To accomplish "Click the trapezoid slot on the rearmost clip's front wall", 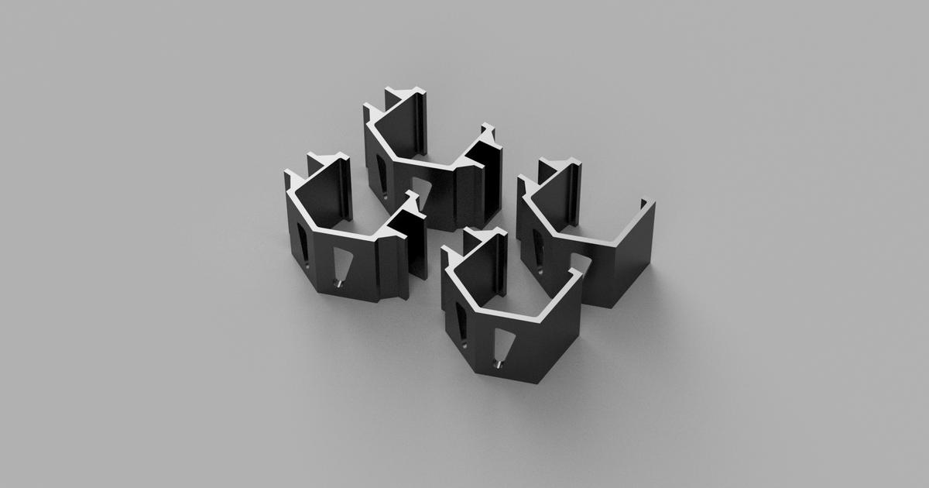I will pos(421,191).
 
